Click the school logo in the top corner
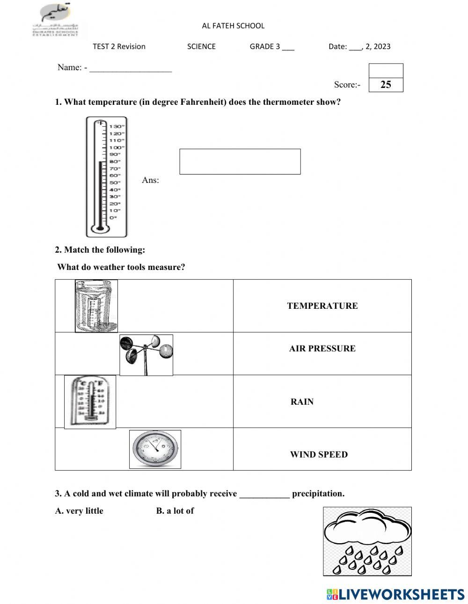coord(56,20)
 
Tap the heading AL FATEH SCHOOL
coord(233,26)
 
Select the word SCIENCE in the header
coord(201,46)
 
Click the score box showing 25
coord(386,85)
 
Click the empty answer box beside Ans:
coord(240,161)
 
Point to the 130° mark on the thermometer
coord(117,126)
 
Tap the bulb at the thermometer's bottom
coord(100,229)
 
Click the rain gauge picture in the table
coord(96,306)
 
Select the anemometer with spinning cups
coord(146,355)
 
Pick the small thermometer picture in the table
coord(90,401)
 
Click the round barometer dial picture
coord(155,449)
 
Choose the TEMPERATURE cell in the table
coord(322,306)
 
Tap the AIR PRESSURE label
coord(322,349)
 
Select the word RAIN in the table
coord(302,402)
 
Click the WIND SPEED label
coord(319,455)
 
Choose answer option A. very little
coord(79,511)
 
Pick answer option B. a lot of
coord(175,511)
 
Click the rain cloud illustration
coord(367,541)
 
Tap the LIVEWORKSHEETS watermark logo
coord(395,594)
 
